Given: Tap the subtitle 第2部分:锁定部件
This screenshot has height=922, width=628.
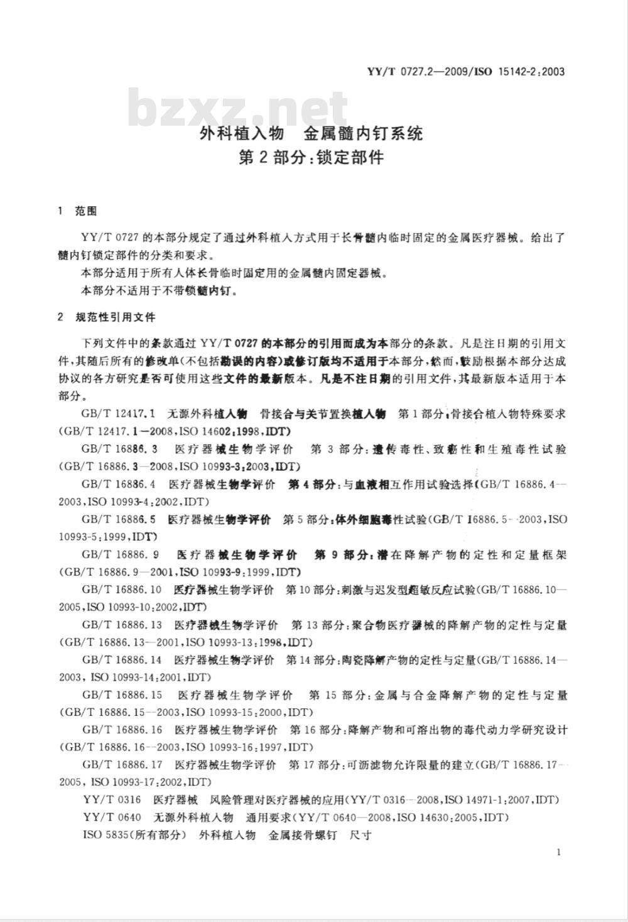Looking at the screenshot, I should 311,157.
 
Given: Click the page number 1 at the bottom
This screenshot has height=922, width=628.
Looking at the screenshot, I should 558,852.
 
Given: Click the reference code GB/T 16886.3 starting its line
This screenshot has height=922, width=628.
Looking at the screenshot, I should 119,449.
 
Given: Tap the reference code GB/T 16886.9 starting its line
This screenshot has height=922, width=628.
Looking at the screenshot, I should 120,555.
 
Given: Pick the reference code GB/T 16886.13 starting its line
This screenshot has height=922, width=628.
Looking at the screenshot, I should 122,625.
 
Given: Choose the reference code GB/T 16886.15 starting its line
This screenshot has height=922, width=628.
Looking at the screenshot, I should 122,696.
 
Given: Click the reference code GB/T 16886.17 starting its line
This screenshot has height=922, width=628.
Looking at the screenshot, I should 122,765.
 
